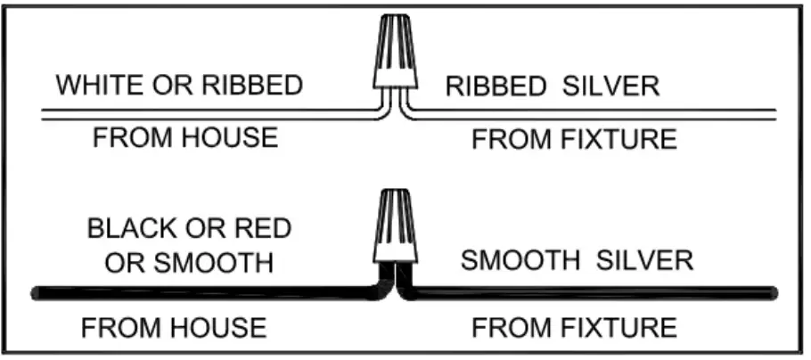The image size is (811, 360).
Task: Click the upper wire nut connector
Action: (394, 53)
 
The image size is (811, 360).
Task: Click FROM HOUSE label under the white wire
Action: (184, 138)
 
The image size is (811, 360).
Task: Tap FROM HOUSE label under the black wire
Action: (173, 328)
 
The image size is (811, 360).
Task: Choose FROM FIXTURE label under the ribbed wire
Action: (574, 140)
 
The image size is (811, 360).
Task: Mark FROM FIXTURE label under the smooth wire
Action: (574, 328)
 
